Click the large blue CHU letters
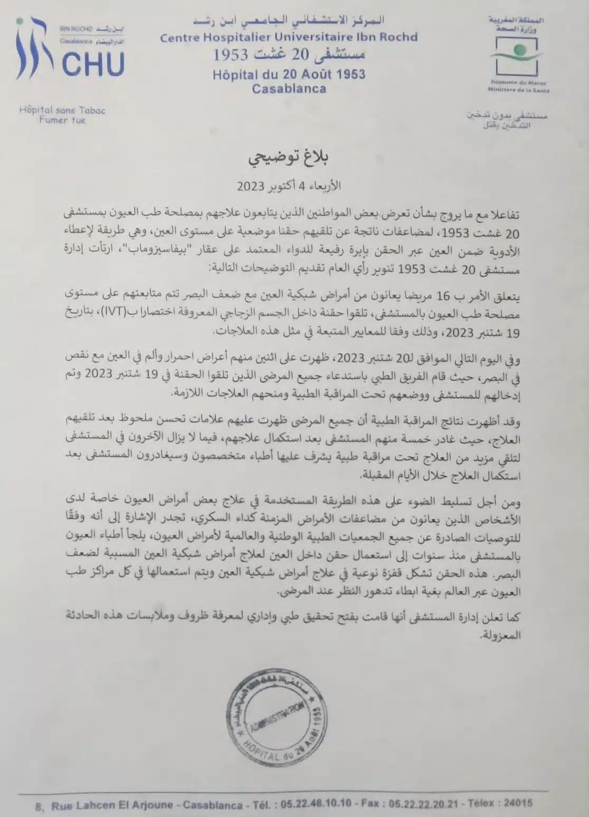(x=93, y=63)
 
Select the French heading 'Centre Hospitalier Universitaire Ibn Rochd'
(x=289, y=37)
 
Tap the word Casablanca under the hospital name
(x=289, y=88)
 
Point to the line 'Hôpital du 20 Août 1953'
(x=289, y=74)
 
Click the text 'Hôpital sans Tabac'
(x=62, y=110)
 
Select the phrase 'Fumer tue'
(x=62, y=120)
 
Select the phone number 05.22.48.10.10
(x=316, y=803)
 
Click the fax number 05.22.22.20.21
(x=423, y=803)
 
